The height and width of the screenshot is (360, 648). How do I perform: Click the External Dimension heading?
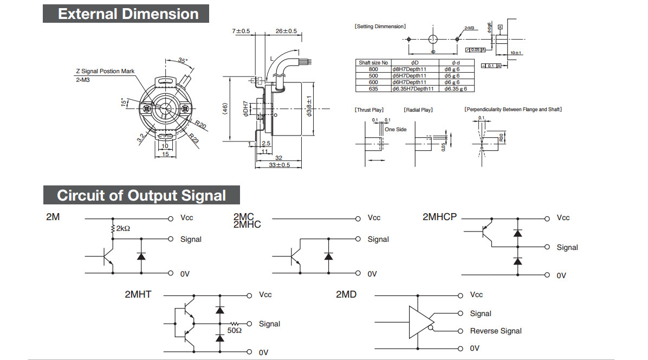coord(128,14)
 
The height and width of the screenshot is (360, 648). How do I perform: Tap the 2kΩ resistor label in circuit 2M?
coord(122,229)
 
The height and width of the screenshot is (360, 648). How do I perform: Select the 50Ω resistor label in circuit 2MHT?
coord(235,330)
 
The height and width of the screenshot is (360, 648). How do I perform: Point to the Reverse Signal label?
coord(496,331)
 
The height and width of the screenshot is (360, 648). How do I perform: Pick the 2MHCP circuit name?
coord(439,217)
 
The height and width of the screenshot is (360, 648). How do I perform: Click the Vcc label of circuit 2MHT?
coord(265,295)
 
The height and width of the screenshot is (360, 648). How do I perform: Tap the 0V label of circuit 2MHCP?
coord(561,275)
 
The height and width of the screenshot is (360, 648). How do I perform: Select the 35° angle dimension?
coord(183,61)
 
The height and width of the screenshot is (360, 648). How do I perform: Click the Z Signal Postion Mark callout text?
coord(105,71)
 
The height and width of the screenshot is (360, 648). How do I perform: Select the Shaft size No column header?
coord(373,62)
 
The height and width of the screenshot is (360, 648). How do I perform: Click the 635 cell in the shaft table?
coord(373,88)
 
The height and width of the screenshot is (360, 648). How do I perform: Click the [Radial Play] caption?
coord(418,110)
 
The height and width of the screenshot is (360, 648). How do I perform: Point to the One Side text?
coord(396,130)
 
